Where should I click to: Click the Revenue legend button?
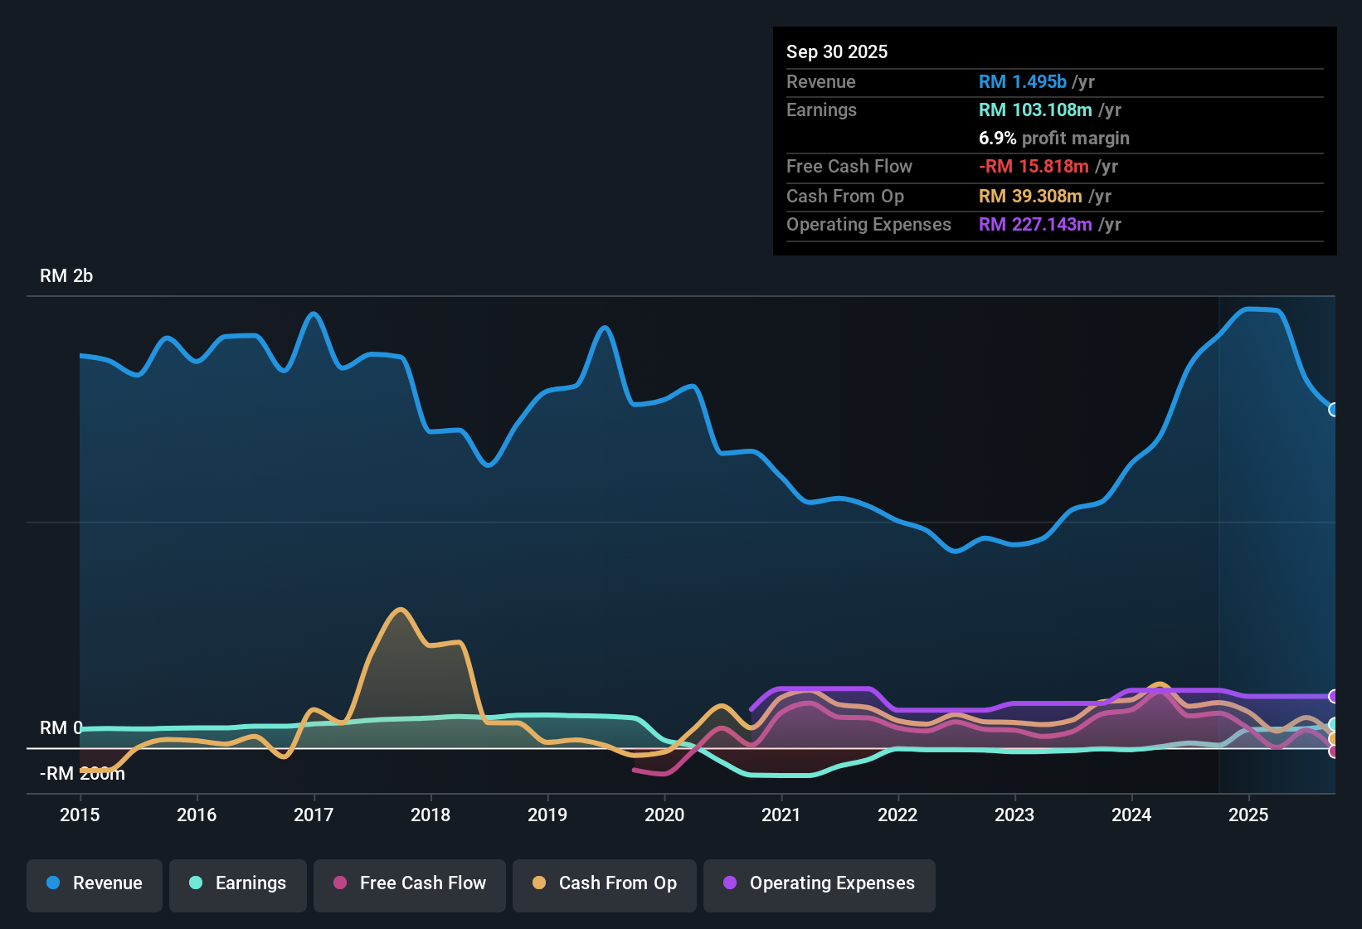(95, 883)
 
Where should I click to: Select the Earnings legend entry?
(238, 883)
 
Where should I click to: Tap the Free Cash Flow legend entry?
(410, 883)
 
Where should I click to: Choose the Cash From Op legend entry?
(605, 883)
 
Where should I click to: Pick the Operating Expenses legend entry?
(820, 883)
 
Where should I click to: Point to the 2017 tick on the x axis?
(314, 815)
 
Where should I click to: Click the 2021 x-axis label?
(781, 815)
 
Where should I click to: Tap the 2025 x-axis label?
(1248, 815)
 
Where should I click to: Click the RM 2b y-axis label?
(66, 276)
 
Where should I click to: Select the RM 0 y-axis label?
(61, 727)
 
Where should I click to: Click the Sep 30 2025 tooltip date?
(837, 52)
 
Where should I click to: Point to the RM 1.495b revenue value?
(1022, 82)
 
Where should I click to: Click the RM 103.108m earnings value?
(1035, 110)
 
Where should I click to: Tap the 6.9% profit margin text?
(1053, 139)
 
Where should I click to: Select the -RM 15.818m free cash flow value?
(1034, 167)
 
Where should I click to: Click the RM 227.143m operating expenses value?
(1035, 225)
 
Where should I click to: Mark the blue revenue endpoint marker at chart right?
(1333, 410)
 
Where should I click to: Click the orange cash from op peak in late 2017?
(401, 610)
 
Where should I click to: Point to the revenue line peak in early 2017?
(314, 314)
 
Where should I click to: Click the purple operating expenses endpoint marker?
(1333, 696)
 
